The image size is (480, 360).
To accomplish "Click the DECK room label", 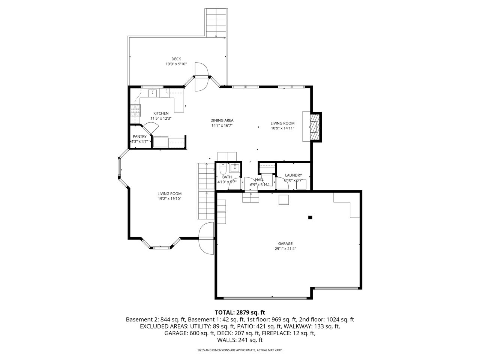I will click(x=176, y=59).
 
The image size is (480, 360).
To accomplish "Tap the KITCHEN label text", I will click(x=161, y=113).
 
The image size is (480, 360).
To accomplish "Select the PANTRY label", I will click(x=139, y=136).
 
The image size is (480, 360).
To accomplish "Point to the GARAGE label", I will click(x=285, y=243).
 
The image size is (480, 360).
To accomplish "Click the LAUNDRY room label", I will click(x=293, y=175).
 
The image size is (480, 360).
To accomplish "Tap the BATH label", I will click(x=227, y=177).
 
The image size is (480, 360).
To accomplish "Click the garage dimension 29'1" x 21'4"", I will click(x=285, y=249).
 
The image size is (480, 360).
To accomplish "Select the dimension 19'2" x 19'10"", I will click(x=169, y=199).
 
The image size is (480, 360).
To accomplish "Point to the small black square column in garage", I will click(x=310, y=217).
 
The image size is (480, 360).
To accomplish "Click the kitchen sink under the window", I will click(x=153, y=93).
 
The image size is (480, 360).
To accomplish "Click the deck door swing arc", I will click(x=201, y=77).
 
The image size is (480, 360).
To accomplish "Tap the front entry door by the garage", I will click(x=206, y=238).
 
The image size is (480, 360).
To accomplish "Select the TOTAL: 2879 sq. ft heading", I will click(x=240, y=312).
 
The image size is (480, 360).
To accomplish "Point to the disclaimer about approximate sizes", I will click(x=240, y=350).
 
